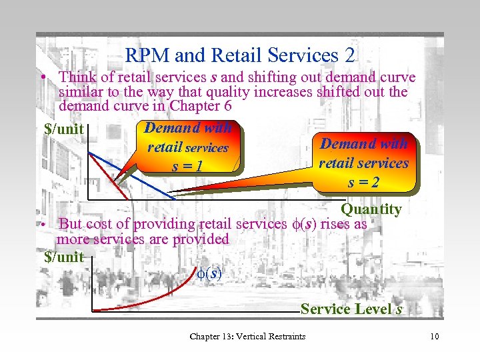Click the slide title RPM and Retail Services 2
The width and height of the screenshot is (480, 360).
click(240, 55)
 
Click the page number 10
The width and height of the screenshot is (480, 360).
click(435, 336)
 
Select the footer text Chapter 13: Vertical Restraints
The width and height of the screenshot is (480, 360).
click(247, 336)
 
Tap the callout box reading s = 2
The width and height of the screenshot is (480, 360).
click(363, 163)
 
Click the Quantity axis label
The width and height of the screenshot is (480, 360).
click(371, 209)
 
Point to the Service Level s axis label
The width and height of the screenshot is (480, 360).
click(351, 309)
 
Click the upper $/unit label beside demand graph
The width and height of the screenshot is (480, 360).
click(63, 129)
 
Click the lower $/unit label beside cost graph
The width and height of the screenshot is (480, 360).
click(63, 257)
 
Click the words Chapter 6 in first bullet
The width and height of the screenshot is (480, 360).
click(195, 106)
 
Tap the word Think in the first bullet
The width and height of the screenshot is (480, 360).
click(77, 77)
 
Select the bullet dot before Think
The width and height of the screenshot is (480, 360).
click(42, 77)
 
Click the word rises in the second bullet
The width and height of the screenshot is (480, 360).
click(335, 224)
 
